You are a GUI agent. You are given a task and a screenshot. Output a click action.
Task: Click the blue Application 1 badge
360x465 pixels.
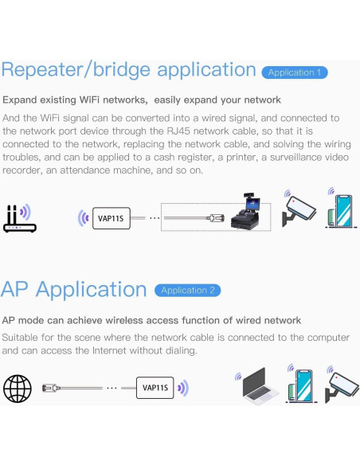click(294, 72)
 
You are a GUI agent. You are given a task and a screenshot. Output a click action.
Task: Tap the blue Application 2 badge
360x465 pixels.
click(187, 291)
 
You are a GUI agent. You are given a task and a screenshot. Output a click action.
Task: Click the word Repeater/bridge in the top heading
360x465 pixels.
click(75, 70)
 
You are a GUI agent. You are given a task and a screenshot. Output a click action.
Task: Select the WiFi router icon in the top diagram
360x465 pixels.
click(18, 218)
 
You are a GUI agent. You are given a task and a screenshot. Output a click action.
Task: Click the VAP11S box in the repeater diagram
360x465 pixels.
click(109, 217)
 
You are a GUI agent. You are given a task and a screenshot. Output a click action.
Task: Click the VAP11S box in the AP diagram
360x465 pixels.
click(155, 389)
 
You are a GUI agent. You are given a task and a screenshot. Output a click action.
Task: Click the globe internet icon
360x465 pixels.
click(17, 389)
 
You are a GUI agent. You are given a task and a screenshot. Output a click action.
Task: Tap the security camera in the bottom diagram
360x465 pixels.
click(341, 385)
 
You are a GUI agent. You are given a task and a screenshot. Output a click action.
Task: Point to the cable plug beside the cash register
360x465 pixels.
click(214, 217)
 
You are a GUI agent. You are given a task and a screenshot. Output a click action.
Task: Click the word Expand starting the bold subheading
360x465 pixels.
click(21, 100)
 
